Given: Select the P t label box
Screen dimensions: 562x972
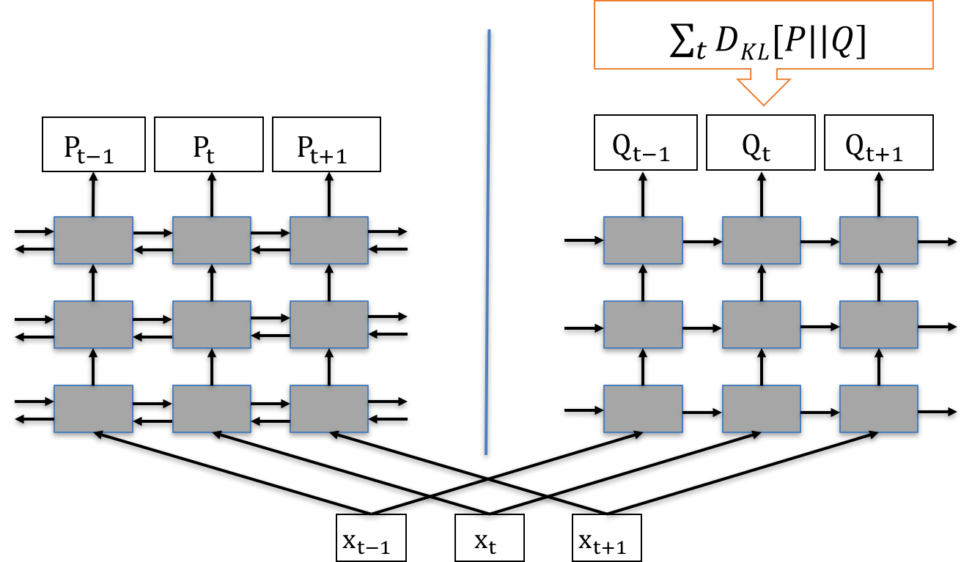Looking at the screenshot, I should (x=209, y=144).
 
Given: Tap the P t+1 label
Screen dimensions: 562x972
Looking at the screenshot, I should (x=326, y=144).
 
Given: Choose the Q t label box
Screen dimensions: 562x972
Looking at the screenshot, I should (x=760, y=144).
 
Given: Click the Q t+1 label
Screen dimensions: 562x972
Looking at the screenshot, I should (x=878, y=144).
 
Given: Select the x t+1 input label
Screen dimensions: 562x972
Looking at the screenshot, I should (x=605, y=539).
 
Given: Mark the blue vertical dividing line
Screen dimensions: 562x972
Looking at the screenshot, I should (x=487, y=242).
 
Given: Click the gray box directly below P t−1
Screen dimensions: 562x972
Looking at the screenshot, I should (x=94, y=240).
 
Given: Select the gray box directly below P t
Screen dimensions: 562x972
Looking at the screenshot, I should (x=211, y=240).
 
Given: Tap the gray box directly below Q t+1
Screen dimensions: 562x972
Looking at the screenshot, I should (x=878, y=240).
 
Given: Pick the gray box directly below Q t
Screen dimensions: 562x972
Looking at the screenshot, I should (x=761, y=240).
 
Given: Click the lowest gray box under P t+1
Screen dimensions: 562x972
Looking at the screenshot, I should (x=328, y=408).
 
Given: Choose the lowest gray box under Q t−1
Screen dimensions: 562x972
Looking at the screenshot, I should (x=643, y=408).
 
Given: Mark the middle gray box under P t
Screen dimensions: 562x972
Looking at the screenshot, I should (x=211, y=324).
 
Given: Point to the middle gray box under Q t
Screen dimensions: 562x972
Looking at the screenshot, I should (x=761, y=324).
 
